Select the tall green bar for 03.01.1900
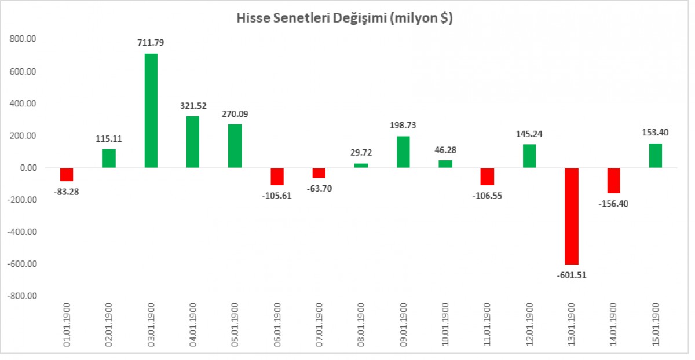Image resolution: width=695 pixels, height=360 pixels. [x=151, y=111]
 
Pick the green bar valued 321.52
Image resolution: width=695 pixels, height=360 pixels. [x=193, y=142]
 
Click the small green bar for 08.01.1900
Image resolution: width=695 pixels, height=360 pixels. [x=361, y=166]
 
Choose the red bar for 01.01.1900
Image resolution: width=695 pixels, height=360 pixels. [x=67, y=175]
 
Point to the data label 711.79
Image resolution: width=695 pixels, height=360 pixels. [x=151, y=42]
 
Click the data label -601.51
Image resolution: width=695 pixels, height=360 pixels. [x=572, y=275]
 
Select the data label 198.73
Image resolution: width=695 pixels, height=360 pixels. [x=403, y=125]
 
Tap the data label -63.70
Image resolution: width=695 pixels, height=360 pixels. [x=319, y=188]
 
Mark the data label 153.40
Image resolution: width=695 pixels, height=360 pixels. [x=656, y=133]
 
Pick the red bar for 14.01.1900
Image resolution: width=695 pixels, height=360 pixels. [x=613, y=181]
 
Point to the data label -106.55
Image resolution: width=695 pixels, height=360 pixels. [x=487, y=195]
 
